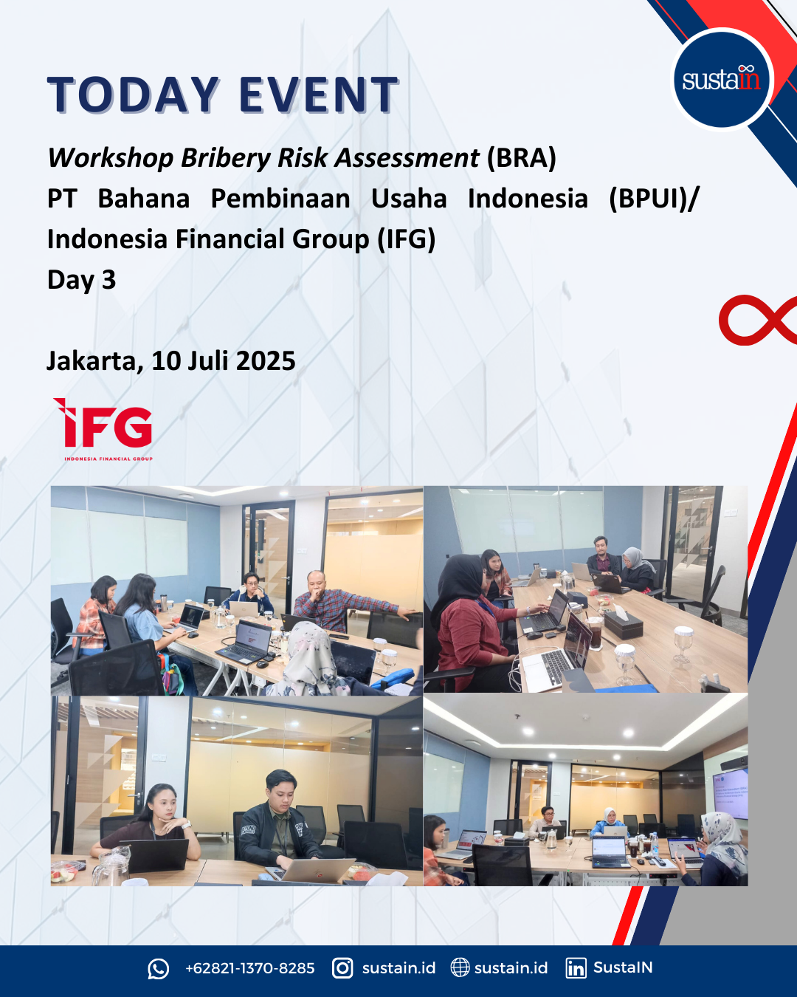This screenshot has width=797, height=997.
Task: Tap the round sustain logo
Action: (722, 79)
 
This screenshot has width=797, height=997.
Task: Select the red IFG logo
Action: (103, 428)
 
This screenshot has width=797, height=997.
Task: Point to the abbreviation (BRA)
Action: (521, 157)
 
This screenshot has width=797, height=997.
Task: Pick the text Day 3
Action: (81, 281)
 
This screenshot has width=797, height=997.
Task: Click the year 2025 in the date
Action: (266, 360)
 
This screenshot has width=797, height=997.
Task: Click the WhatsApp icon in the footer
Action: (158, 969)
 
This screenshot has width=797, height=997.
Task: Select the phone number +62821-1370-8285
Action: (249, 968)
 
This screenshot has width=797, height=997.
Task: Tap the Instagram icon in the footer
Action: (342, 968)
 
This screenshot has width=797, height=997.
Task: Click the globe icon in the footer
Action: (460, 968)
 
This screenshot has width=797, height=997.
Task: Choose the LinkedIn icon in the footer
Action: (576, 968)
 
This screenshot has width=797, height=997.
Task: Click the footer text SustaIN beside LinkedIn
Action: (622, 967)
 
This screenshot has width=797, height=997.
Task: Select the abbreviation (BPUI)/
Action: (653, 199)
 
